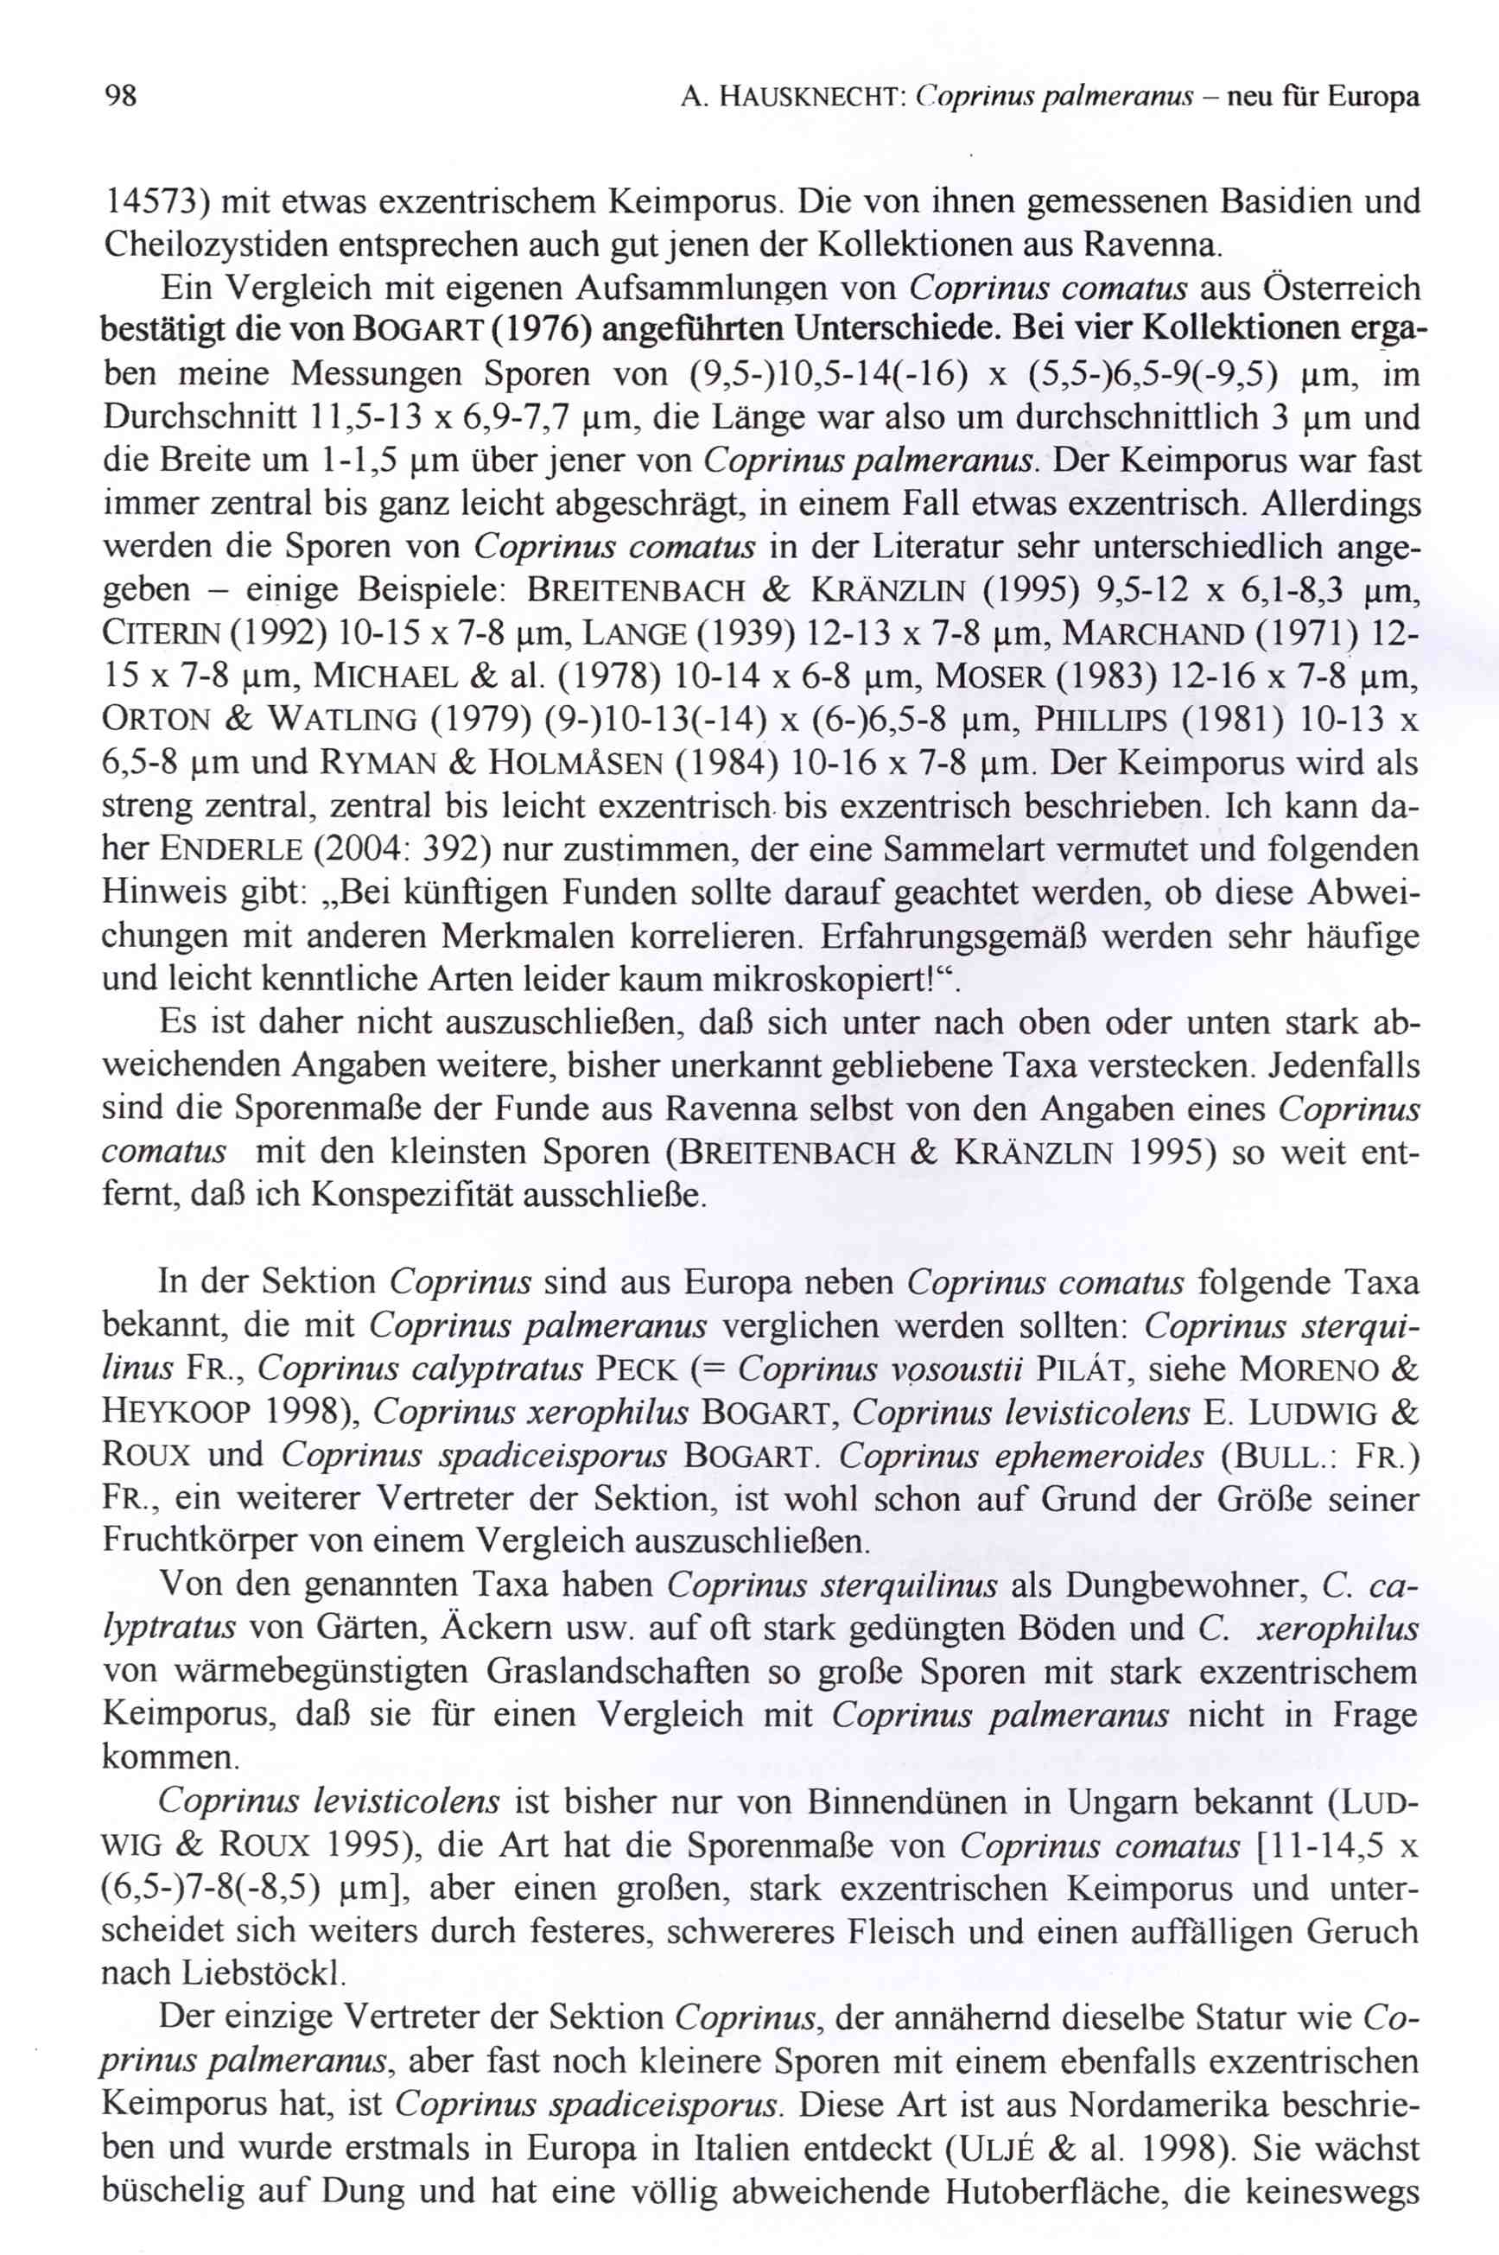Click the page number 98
(x=119, y=97)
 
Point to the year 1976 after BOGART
(x=536, y=331)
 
